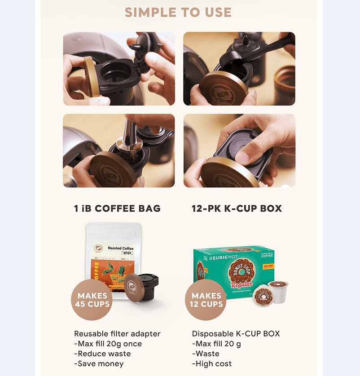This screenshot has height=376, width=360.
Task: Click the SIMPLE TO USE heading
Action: tap(178, 12)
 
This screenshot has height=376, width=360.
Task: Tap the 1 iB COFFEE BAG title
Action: tap(117, 208)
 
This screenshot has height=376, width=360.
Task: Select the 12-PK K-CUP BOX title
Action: tap(237, 208)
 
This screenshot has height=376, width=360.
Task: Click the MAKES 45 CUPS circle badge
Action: tap(92, 300)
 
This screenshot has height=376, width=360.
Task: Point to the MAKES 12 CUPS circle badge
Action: tap(206, 300)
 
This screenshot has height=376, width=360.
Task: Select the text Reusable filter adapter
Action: tap(117, 334)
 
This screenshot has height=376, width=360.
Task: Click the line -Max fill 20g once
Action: tap(108, 344)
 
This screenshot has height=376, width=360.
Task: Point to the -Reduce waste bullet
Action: tap(102, 354)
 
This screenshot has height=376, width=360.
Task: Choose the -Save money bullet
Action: tap(99, 363)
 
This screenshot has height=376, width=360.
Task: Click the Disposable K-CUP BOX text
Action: tap(236, 334)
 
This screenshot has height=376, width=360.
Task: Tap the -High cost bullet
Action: tap(212, 363)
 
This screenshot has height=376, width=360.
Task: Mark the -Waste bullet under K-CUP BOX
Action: tap(206, 354)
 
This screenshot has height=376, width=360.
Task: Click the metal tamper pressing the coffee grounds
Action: tap(129, 135)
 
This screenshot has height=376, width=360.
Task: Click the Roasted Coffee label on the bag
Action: tap(120, 248)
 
